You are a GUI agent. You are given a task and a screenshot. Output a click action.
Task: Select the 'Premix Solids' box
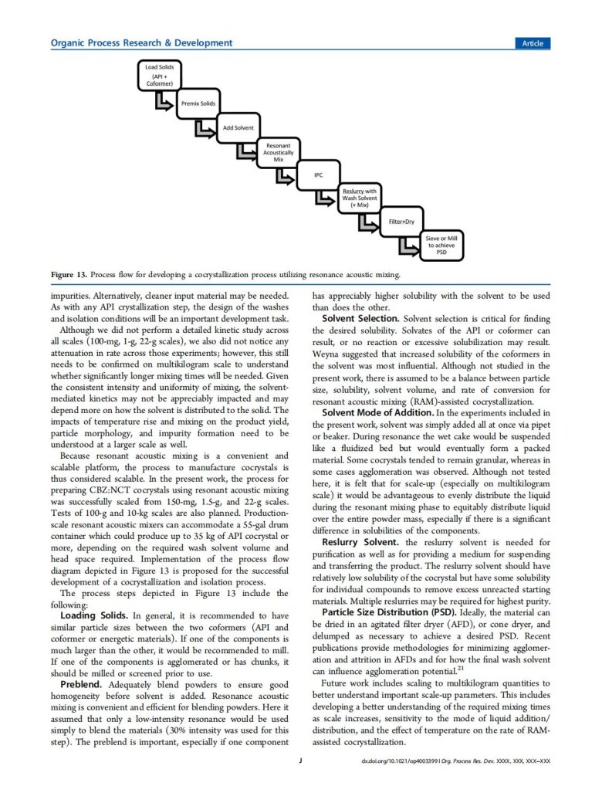(198, 103)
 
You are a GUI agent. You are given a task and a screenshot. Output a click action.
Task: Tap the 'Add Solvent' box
(238, 127)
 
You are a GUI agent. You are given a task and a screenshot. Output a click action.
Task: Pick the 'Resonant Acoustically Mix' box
(278, 152)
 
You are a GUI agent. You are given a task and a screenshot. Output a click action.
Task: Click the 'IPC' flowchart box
(318, 175)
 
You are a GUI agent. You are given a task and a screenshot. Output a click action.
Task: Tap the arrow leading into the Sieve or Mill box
(406, 246)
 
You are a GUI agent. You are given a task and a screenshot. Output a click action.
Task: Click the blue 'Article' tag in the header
(532, 43)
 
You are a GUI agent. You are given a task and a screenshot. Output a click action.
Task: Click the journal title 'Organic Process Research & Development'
(141, 43)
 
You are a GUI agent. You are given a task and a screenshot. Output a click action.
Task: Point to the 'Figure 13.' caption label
(69, 274)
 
